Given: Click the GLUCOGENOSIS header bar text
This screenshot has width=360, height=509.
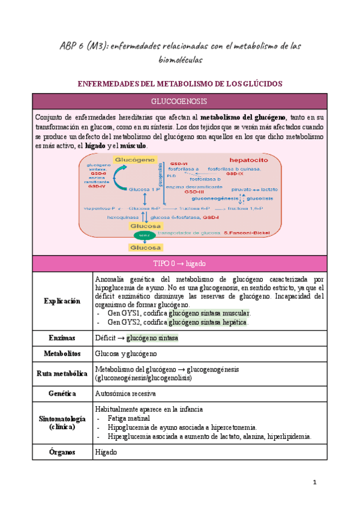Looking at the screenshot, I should click(x=179, y=101).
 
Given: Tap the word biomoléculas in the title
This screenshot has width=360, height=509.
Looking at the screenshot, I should click(x=180, y=60).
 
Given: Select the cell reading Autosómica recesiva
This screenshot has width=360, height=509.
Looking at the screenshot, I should click(x=125, y=394).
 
